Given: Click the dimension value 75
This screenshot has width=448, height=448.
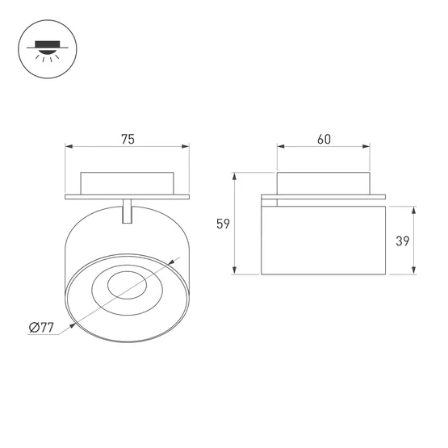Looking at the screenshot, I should tap(128, 139).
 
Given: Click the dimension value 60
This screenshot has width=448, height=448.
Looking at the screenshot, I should tap(324, 139).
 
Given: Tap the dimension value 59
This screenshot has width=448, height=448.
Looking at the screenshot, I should tap(224, 224).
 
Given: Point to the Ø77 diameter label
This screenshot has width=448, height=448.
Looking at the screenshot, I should tap(40, 327).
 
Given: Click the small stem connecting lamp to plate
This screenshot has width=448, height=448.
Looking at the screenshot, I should tap(127, 209).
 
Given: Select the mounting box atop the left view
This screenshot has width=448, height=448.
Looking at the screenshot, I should tap(127, 182).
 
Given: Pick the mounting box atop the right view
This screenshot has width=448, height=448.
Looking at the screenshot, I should tap(324, 182).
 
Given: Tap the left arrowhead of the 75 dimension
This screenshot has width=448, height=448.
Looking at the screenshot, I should tap(69, 148).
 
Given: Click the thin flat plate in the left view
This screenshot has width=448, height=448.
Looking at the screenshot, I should tap(127, 195).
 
